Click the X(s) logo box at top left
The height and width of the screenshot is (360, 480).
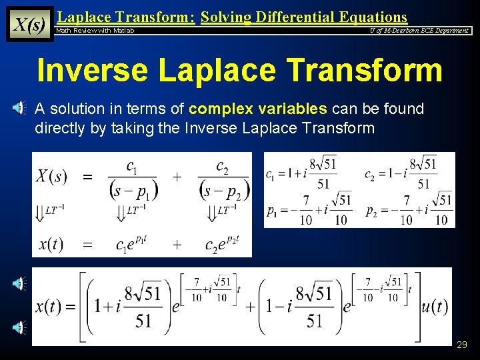click(29, 25)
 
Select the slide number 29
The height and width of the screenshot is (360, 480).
click(461, 345)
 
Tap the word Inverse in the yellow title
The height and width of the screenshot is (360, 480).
click(97, 70)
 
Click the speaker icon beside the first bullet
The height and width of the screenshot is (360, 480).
click(19, 109)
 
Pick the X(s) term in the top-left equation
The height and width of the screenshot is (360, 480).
click(52, 177)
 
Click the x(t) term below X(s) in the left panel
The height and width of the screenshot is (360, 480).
click(51, 244)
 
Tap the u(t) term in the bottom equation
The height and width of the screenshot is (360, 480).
click(435, 307)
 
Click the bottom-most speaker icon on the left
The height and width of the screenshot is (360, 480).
click(19, 327)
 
